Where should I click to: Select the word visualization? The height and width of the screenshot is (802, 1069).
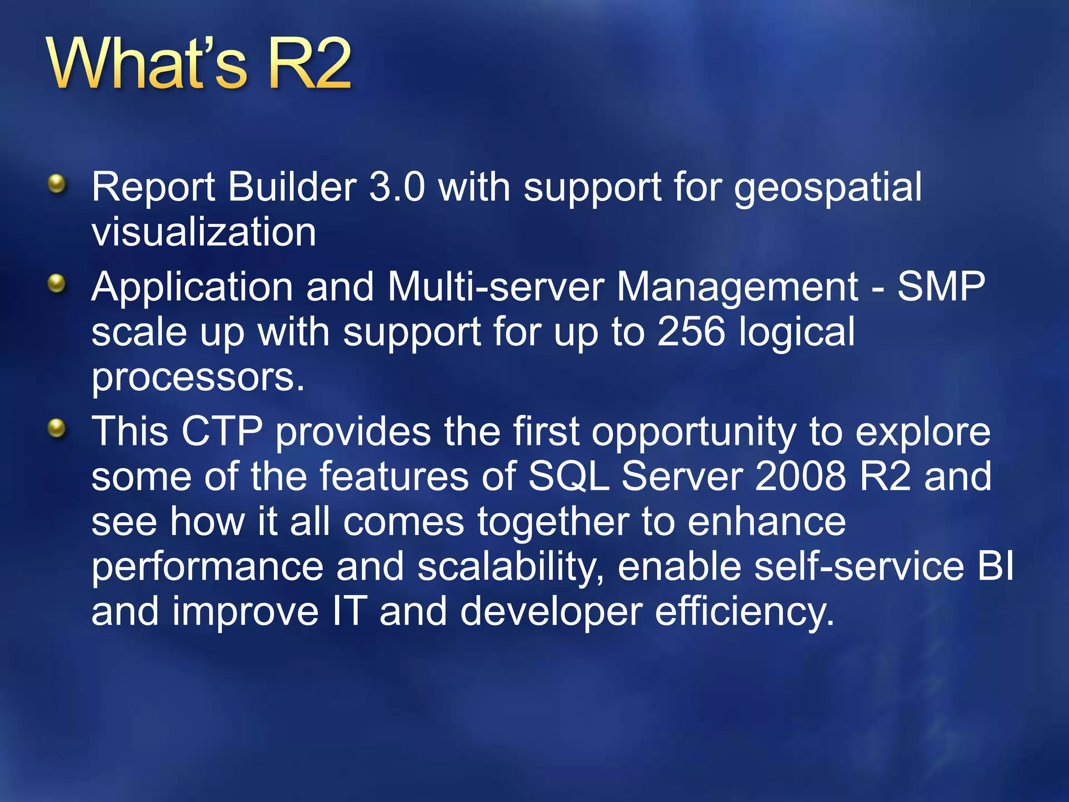pos(204,232)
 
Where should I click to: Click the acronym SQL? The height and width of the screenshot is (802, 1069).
pos(568,477)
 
